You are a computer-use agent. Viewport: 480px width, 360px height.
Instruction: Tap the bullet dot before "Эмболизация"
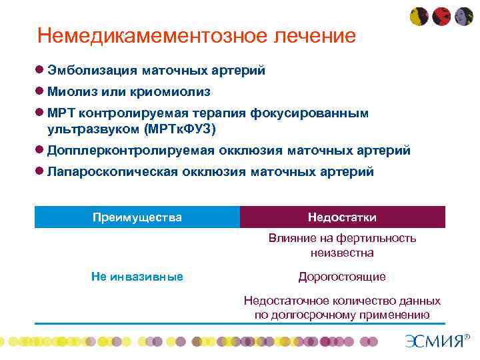(x=40, y=70)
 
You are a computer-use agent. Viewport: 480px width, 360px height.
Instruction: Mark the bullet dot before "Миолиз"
(x=40, y=91)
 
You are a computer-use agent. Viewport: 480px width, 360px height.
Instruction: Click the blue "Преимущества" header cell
(x=137, y=217)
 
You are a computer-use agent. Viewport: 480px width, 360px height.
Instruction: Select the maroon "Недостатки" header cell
(x=342, y=217)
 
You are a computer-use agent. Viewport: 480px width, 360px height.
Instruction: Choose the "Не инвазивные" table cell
(x=137, y=276)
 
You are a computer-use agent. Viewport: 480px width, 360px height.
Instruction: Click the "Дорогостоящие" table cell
(x=342, y=276)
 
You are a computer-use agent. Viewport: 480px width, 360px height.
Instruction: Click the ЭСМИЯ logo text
(x=433, y=341)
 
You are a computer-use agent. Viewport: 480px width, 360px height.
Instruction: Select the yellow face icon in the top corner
(x=418, y=17)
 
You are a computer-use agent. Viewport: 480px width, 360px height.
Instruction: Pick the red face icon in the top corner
(x=441, y=17)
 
